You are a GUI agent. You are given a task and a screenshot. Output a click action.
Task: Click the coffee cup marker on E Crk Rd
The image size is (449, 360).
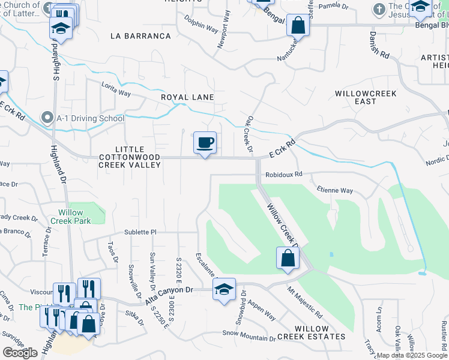pos(205,143)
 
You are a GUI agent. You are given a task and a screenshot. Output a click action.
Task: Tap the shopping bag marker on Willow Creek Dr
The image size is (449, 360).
pos(288,259)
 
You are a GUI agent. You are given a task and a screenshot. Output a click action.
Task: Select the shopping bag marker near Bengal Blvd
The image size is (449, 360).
pos(298,26)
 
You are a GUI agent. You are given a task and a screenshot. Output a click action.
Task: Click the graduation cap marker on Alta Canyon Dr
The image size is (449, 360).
pos(224,290)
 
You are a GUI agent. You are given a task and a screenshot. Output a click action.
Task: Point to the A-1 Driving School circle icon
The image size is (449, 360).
pos(47,118)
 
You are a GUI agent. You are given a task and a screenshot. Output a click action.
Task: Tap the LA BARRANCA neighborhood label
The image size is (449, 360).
pos(140,36)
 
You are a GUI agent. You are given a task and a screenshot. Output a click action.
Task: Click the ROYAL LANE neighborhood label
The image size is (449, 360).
pos(187,97)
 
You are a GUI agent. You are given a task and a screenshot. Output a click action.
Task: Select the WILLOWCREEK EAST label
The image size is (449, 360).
pos(364,98)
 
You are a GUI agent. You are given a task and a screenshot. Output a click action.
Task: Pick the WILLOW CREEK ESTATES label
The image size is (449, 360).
pos(319,333)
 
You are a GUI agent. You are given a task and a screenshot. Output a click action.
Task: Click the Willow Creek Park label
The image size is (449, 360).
pos(75,217)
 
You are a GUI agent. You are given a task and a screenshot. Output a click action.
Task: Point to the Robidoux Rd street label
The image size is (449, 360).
pos(285,175)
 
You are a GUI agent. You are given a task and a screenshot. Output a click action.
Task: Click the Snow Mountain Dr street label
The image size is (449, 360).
pos(248,336)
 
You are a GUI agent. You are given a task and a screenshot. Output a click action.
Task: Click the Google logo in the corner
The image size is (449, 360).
pos(20,353)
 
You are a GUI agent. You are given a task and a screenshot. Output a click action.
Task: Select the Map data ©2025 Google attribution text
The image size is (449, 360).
pos(411,355)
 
